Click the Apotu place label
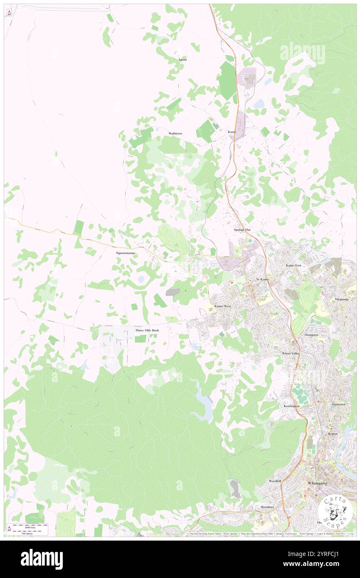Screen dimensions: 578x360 pos(182,59)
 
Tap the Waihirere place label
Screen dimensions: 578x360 pos(175,133)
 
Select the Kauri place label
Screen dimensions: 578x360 pos(232,132)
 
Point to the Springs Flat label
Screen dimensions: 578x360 pos(242,230)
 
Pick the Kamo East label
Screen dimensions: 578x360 pos(293,265)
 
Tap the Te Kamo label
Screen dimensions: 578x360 pos(262,279)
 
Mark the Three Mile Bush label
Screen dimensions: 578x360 pos(147,330)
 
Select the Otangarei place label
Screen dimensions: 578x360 pos(311,334)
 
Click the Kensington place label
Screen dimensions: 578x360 pos(291,406)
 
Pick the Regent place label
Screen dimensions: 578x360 pos(333,433)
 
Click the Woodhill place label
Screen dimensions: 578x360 pos(275,481)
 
